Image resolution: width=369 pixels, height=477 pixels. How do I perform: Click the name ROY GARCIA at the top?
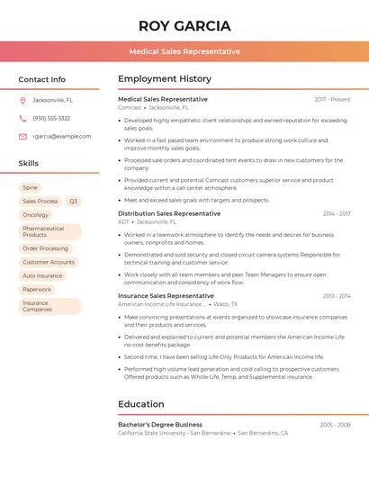pyautogui.click(x=184, y=26)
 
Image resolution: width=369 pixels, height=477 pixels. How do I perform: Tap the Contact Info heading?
pyautogui.click(x=41, y=79)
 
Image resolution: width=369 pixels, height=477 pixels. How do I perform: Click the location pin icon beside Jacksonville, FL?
pyautogui.click(x=22, y=100)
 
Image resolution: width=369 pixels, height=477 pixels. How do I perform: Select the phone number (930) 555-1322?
pyautogui.click(x=51, y=118)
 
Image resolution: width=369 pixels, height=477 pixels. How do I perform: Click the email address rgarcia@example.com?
pyautogui.click(x=62, y=136)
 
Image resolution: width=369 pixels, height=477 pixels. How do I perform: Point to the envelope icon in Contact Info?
pyautogui.click(x=22, y=136)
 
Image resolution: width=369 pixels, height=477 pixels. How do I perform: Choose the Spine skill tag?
pyautogui.click(x=31, y=187)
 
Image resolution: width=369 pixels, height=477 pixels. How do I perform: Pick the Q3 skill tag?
pyautogui.click(x=73, y=202)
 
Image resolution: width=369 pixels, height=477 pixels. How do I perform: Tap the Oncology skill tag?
pyautogui.click(x=36, y=215)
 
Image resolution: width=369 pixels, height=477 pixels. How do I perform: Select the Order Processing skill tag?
pyautogui.click(x=45, y=248)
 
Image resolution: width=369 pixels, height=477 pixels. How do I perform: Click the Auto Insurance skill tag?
pyautogui.click(x=42, y=275)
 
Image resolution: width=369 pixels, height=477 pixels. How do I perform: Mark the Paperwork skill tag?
pyautogui.click(x=37, y=289)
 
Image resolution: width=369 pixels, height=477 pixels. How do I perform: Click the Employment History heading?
pyautogui.click(x=165, y=79)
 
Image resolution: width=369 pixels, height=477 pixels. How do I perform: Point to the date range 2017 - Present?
pyautogui.click(x=332, y=99)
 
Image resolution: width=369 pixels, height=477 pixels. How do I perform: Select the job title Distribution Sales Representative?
pyautogui.click(x=169, y=213)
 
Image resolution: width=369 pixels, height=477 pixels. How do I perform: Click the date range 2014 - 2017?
pyautogui.click(x=337, y=213)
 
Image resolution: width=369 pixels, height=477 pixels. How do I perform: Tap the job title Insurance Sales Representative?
pyautogui.click(x=166, y=295)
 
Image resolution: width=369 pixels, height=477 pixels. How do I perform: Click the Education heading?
pyautogui.click(x=140, y=404)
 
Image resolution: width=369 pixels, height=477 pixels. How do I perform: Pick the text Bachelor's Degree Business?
pyautogui.click(x=160, y=424)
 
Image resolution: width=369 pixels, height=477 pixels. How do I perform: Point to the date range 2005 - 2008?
pyautogui.click(x=335, y=424)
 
